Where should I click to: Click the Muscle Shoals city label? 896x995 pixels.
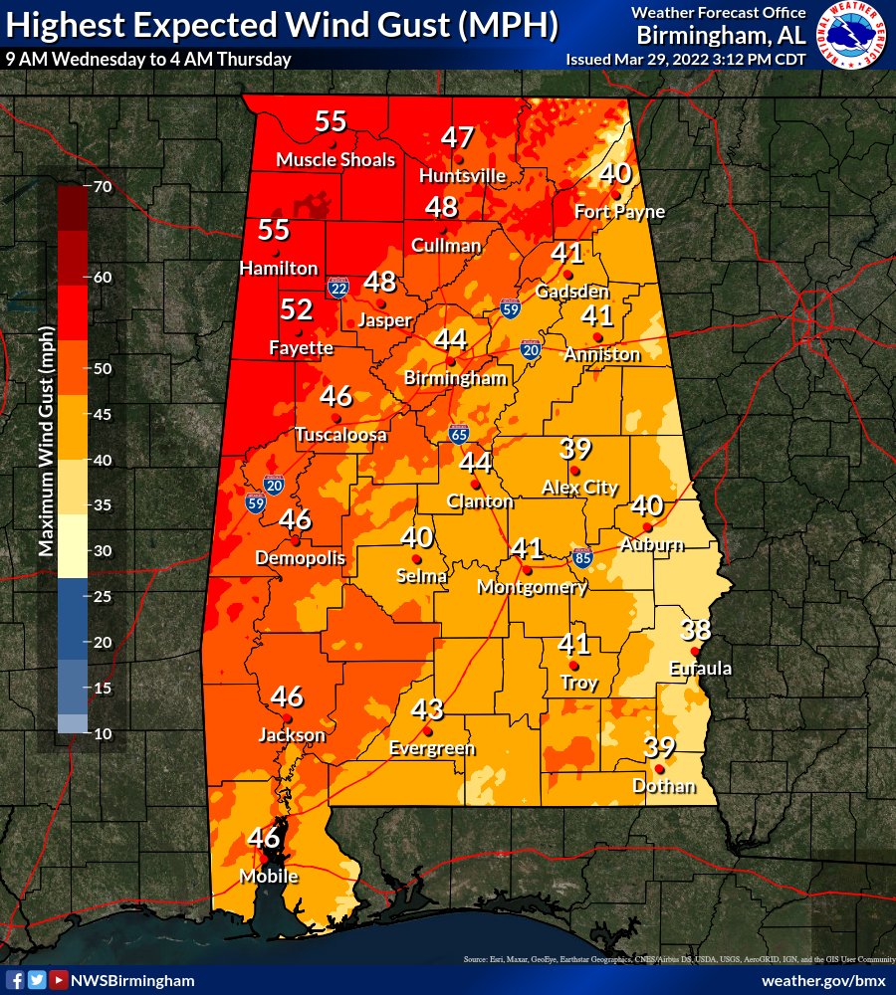coord(336,160)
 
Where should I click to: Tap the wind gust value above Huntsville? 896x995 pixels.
coord(458,138)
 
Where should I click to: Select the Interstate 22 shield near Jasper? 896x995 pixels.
coord(338,288)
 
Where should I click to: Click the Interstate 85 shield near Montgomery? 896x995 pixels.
coord(582,557)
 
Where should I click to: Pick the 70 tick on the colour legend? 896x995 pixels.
coord(102,186)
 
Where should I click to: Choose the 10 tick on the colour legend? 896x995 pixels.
coord(102,733)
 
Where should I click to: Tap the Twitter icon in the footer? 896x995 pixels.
coord(37,980)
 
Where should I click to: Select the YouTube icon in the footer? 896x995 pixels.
coord(59,980)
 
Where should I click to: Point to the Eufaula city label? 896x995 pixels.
coord(700,669)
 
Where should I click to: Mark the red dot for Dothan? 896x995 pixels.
coord(659,769)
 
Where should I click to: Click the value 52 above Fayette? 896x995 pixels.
coord(297,309)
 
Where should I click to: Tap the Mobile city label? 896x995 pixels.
coord(268,877)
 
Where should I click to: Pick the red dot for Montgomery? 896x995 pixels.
coord(528,571)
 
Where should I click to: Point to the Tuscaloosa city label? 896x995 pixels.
coord(340,435)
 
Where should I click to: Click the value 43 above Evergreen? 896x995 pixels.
coord(427,709)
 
